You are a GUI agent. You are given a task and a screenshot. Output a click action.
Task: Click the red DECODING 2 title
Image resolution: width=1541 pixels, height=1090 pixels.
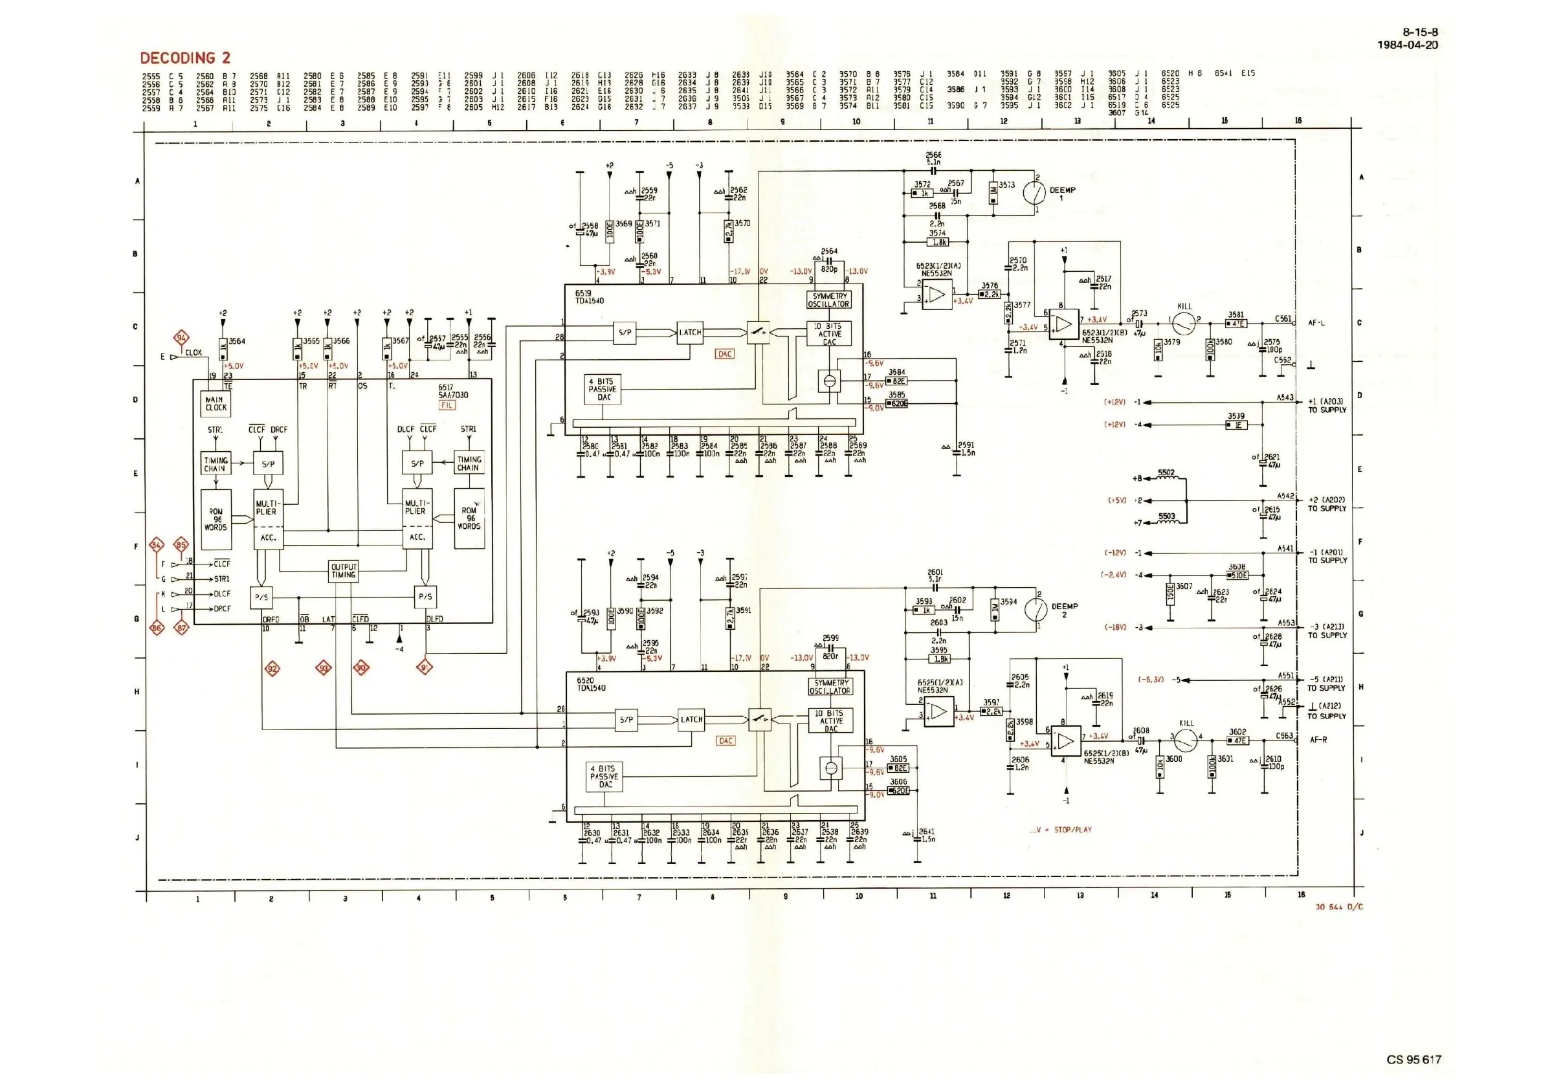tap(184, 58)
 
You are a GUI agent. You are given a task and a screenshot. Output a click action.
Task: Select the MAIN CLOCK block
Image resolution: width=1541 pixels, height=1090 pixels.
tap(216, 403)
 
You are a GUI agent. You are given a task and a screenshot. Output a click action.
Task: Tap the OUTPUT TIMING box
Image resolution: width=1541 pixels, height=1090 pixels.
tap(344, 570)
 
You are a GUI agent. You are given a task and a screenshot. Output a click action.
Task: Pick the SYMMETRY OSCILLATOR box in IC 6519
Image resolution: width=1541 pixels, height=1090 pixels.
tap(830, 300)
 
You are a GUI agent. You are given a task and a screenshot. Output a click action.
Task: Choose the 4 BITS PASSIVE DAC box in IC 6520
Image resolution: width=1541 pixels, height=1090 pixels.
tap(605, 776)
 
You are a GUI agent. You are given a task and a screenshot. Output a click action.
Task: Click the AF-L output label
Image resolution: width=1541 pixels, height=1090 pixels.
tap(1316, 323)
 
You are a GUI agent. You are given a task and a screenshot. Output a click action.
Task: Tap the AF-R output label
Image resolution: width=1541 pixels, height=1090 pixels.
tap(1318, 740)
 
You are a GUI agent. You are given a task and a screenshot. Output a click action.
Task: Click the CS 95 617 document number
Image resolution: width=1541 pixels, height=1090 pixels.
tap(1414, 1060)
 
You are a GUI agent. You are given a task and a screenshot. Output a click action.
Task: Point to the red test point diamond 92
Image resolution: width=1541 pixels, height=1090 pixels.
tap(272, 669)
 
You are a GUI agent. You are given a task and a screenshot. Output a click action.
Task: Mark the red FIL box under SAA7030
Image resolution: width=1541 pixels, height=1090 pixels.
tap(447, 405)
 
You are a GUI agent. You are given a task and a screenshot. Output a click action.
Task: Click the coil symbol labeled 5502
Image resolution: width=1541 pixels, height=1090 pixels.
tap(1166, 478)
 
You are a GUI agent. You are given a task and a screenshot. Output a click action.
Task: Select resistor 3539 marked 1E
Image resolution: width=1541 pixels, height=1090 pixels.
tap(1236, 425)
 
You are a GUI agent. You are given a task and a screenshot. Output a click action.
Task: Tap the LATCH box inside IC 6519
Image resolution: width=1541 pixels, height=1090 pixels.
tap(690, 332)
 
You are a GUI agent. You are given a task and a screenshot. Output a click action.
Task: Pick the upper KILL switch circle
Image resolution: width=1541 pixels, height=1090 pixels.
tap(1184, 324)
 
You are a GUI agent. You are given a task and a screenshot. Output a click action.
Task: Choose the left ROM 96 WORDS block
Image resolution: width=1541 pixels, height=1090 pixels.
tap(216, 520)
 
